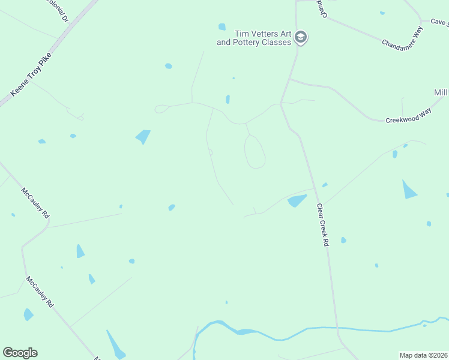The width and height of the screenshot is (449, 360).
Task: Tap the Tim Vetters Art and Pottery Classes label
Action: (254, 38)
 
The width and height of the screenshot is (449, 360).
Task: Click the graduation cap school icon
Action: (301, 38)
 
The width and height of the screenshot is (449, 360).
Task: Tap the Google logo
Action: (20, 353)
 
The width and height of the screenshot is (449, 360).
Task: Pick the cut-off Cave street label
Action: (439, 22)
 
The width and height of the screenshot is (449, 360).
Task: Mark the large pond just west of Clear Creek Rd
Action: (297, 200)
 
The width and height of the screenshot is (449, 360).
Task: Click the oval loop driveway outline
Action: (255, 151)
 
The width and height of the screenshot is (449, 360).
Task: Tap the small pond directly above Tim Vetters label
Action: (222, 26)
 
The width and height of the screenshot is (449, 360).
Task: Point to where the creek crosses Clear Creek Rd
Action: (337, 328)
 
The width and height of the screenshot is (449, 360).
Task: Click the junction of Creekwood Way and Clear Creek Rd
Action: (290, 79)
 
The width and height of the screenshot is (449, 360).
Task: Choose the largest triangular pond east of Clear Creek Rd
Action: (409, 190)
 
